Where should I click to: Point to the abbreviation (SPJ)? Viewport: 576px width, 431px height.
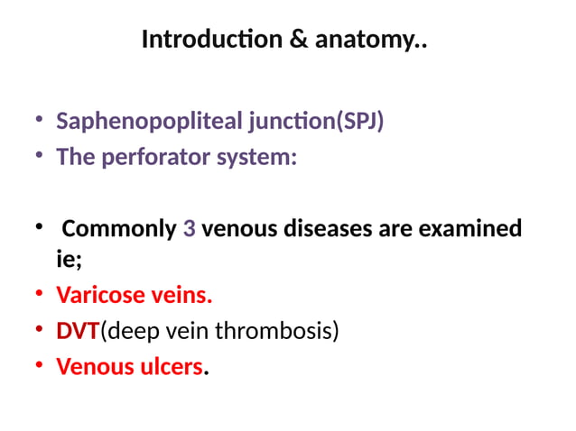coord(359,122)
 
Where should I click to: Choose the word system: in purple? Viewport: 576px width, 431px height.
coord(263,158)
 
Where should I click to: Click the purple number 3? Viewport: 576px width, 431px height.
coord(189,229)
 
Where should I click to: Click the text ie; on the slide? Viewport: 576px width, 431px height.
coord(69,261)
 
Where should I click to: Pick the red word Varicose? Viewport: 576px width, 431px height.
coord(99,296)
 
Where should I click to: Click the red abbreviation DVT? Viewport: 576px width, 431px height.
coord(78,332)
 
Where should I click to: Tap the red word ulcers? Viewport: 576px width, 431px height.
coord(169,368)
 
